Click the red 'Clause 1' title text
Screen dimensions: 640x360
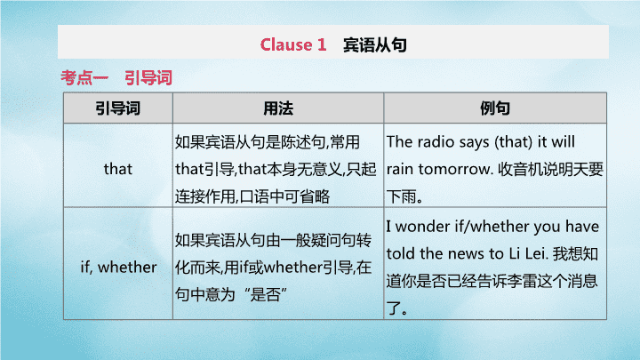293,44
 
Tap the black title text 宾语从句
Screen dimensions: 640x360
375,45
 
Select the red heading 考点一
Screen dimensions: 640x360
84,77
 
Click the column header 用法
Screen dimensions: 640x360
278,108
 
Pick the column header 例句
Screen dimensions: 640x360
495,108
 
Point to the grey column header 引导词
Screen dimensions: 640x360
118,108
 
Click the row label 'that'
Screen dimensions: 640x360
118,169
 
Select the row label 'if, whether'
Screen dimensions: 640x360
118,267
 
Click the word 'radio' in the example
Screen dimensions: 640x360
436,141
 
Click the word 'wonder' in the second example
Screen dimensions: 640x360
422,226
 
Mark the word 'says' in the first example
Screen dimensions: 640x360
474,142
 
